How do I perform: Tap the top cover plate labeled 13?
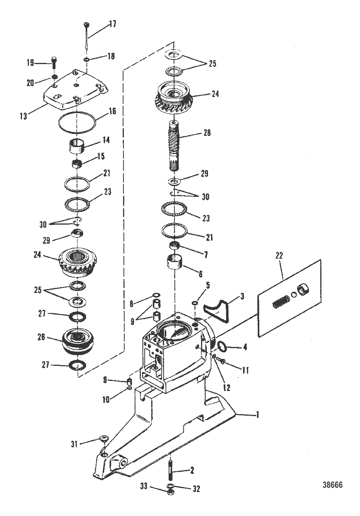74,91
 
